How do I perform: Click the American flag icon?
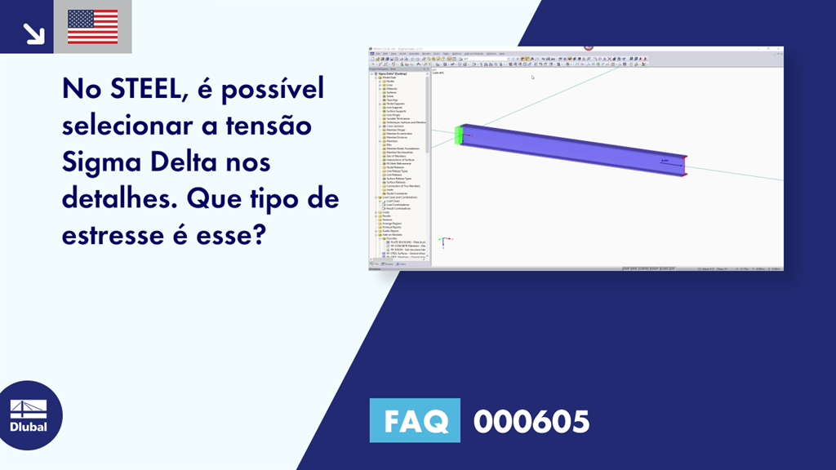tap(93, 27)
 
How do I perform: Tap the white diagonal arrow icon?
tap(33, 33)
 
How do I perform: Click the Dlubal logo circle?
tap(31, 416)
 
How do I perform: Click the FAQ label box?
tap(415, 421)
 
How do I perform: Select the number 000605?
tap(531, 422)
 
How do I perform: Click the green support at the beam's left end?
tap(460, 135)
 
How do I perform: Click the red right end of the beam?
tap(685, 165)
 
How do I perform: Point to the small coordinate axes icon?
tap(442, 242)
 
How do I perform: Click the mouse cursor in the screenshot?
tap(532, 78)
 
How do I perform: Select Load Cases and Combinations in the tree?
tap(400, 197)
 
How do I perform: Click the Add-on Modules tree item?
tap(394, 235)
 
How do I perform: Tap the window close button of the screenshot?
tap(779, 49)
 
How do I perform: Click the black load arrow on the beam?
tap(665, 161)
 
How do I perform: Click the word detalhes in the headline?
tap(121, 199)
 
